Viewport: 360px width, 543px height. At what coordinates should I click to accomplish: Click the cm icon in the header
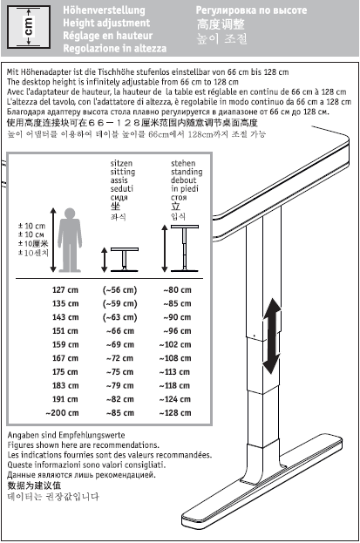(29, 27)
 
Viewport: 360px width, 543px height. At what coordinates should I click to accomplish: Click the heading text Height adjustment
(106, 23)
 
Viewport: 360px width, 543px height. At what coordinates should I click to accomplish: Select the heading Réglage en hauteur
(108, 36)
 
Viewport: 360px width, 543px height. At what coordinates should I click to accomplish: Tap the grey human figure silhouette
(70, 240)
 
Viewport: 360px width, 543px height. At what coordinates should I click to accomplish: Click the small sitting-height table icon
(125, 260)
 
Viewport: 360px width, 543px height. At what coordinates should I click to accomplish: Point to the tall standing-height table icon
(185, 248)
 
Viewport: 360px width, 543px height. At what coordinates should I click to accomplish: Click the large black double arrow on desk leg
(272, 336)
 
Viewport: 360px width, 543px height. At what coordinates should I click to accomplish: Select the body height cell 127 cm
(65, 290)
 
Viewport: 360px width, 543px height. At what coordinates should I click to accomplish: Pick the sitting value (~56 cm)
(120, 290)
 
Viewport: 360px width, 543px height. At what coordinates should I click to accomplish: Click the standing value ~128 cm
(175, 413)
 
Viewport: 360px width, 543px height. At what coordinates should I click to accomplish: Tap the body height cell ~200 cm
(62, 413)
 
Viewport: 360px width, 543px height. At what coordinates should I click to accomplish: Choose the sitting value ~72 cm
(120, 358)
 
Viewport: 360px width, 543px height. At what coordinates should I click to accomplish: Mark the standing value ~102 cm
(175, 344)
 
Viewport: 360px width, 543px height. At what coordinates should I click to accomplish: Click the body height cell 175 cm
(65, 372)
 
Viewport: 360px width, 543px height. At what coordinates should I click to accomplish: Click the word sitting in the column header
(123, 172)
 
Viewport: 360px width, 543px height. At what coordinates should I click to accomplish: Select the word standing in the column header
(187, 172)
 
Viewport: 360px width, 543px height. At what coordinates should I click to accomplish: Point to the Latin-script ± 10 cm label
(31, 226)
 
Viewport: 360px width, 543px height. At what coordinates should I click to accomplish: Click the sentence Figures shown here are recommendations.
(83, 445)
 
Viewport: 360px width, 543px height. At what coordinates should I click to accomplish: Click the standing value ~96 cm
(177, 331)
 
